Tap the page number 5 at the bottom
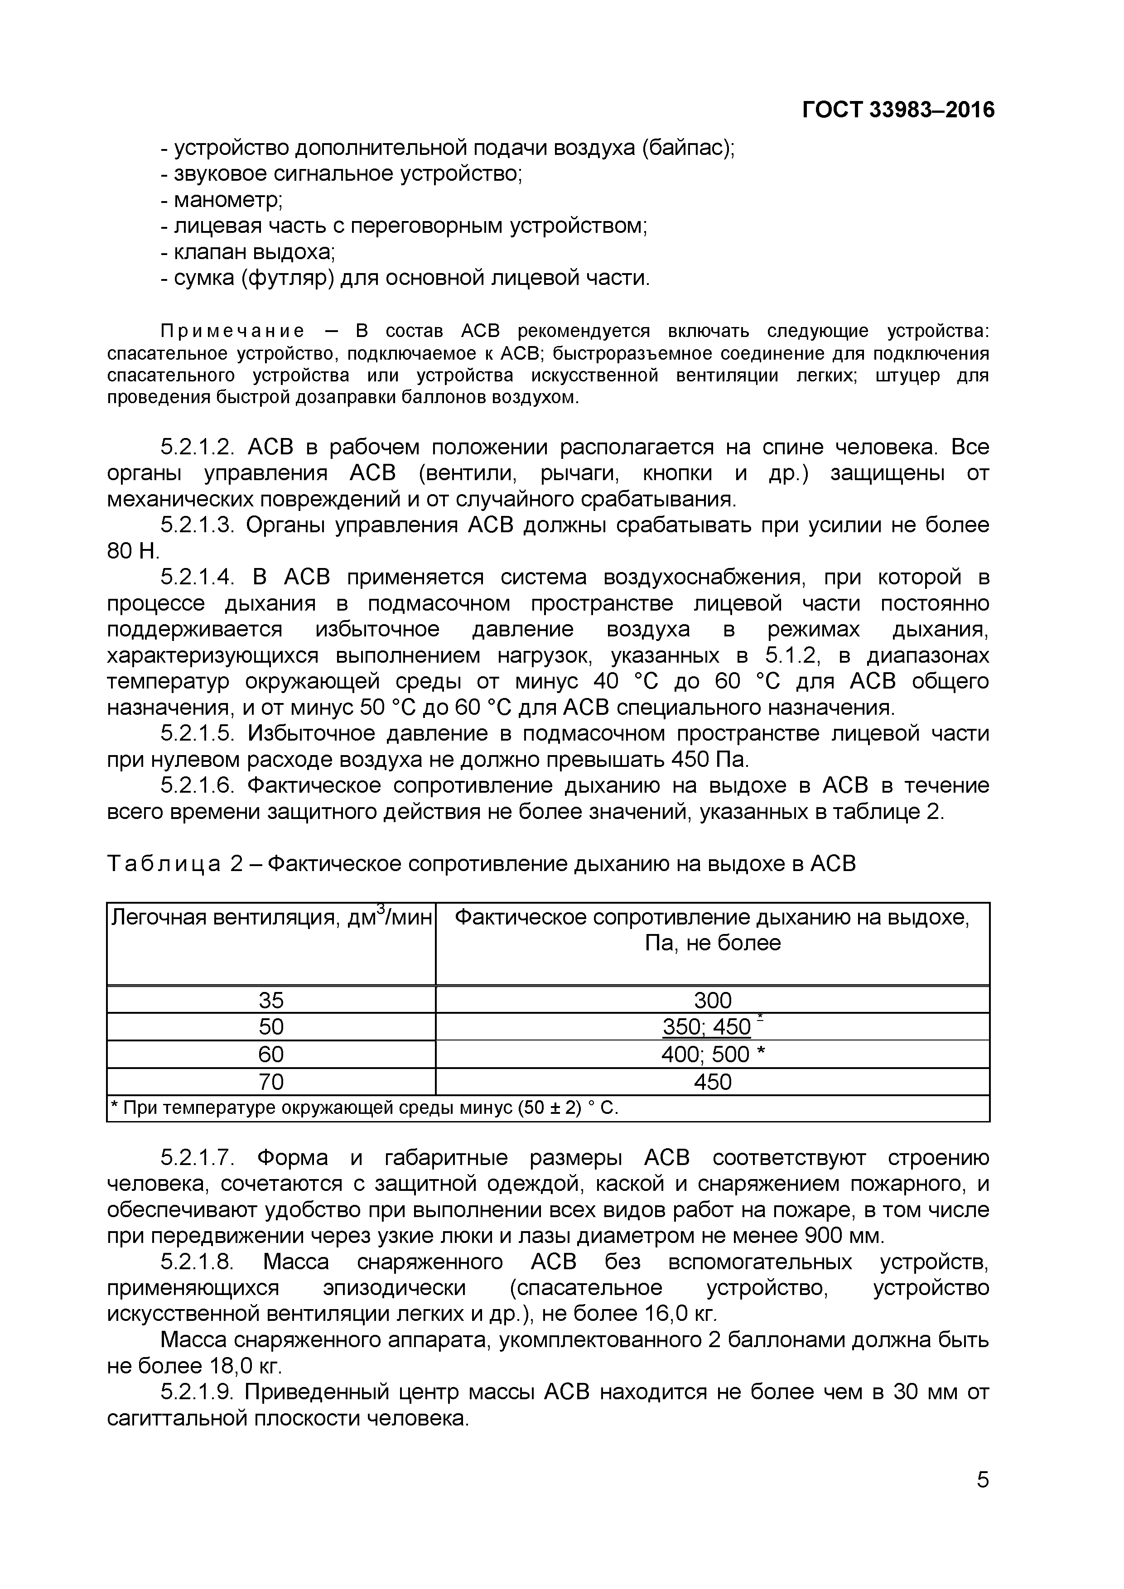982,1498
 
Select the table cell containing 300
712,1000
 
